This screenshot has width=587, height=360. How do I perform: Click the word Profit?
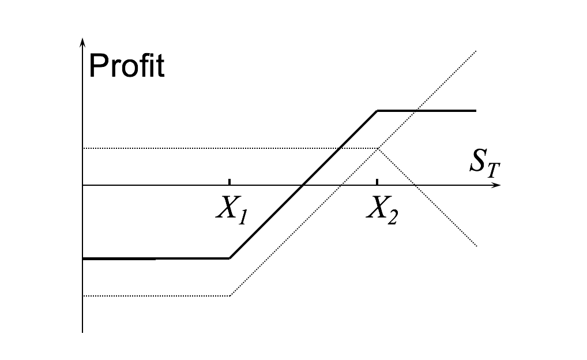click(127, 66)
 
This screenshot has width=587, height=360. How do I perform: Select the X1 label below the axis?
click(232, 209)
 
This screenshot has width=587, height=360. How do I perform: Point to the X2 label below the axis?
click(382, 212)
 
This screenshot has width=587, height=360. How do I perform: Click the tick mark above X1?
click(229, 182)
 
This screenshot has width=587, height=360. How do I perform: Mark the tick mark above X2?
click(377, 182)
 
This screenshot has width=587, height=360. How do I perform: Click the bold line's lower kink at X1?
click(229, 258)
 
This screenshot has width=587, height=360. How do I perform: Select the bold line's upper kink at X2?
click(377, 110)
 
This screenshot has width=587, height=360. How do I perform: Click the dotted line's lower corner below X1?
click(229, 296)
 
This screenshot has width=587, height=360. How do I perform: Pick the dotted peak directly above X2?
click(378, 148)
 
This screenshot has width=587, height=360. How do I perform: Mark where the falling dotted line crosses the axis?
click(415, 185)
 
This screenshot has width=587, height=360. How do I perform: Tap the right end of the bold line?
click(476, 110)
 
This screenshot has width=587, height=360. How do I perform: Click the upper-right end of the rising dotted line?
click(475, 51)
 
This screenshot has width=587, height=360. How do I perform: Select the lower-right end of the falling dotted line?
click(476, 246)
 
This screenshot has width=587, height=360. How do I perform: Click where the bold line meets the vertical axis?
click(83, 258)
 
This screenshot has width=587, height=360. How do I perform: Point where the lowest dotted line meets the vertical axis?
click(83, 296)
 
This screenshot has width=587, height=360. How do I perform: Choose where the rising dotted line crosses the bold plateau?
click(416, 110)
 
